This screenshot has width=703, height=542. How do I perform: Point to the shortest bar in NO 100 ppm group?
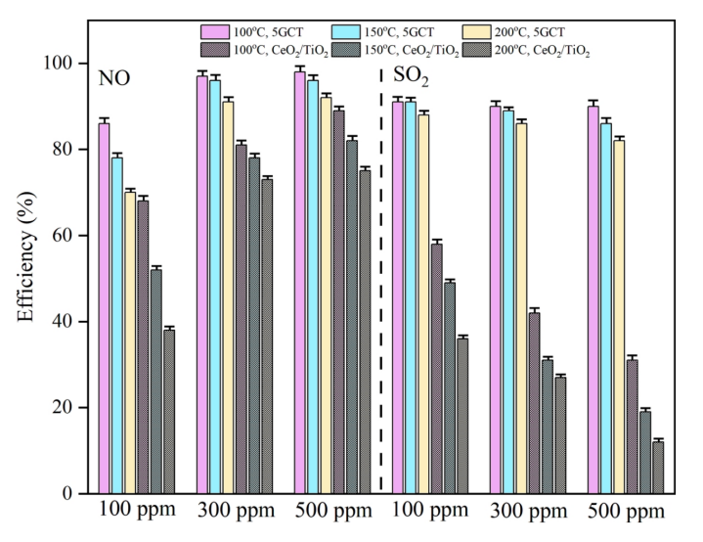tap(169, 412)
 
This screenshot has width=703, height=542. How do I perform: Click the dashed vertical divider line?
tap(380, 294)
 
